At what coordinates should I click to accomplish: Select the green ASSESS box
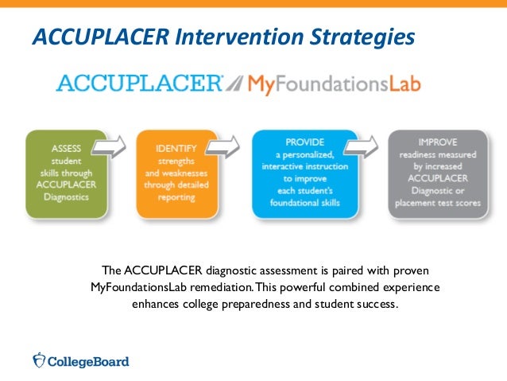point(66,175)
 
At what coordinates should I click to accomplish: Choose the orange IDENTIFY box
point(177,175)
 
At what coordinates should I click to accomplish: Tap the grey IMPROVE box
point(437,175)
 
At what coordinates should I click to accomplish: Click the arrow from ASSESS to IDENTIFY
point(110,147)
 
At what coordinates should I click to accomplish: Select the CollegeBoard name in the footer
point(88,361)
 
